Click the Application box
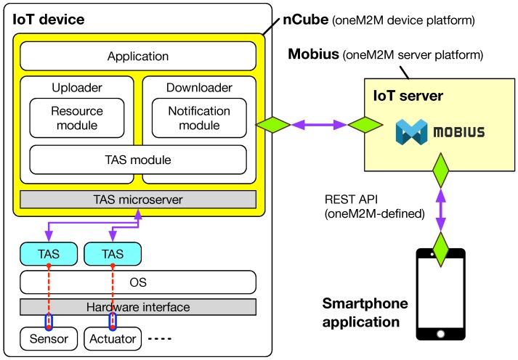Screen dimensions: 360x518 (137, 56)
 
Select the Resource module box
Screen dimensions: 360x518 (76, 118)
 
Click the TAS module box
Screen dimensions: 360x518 (137, 159)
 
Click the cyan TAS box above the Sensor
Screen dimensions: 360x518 (49, 253)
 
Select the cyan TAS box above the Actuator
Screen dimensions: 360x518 (113, 253)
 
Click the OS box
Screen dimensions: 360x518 (137, 281)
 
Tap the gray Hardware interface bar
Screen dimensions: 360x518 (137, 307)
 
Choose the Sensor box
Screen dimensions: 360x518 (49, 338)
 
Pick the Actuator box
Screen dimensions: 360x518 (113, 338)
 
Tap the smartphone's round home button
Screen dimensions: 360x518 (440, 333)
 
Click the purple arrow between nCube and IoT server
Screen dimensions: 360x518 (319, 126)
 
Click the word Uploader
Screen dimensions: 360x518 (76, 88)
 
